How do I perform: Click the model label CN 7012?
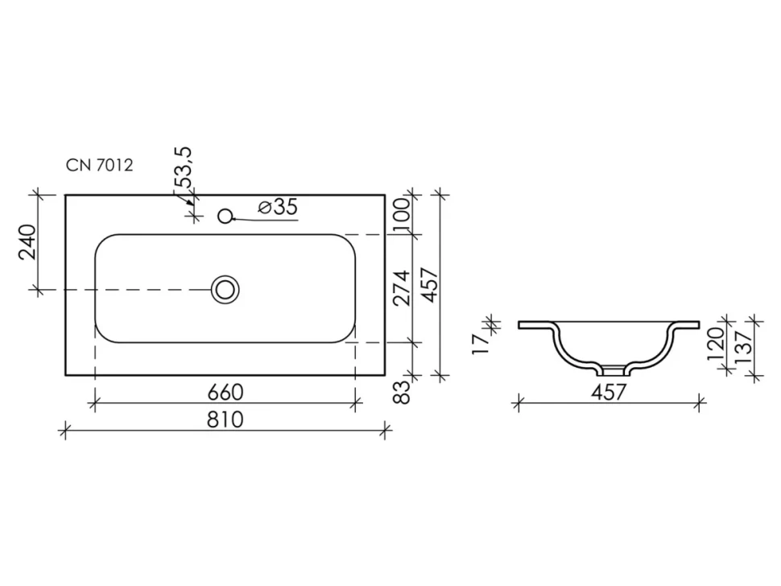point(100,165)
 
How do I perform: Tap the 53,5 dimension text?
point(183,167)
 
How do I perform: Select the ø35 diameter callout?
point(278,207)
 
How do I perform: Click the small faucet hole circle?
point(225,216)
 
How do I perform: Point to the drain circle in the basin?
point(225,289)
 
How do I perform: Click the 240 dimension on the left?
point(27,242)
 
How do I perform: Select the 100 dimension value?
point(402,215)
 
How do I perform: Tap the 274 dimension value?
point(402,288)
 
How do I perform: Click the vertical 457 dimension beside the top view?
point(429,285)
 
